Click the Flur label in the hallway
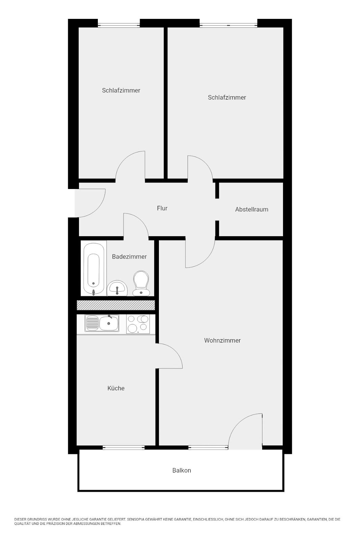coord(162,208)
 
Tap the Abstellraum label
coord(252,209)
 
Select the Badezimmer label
coord(129,256)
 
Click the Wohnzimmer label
coord(222,341)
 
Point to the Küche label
coord(116,388)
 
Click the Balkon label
coord(182,470)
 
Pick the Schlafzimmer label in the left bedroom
coord(121,90)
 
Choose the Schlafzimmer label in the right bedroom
coord(227,98)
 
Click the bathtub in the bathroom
coord(94,269)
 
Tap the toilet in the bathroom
coord(141,283)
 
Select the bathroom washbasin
coord(117,288)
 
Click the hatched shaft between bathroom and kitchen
coord(116,305)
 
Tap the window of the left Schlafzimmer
coord(119,25)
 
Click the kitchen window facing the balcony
coord(123,448)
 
